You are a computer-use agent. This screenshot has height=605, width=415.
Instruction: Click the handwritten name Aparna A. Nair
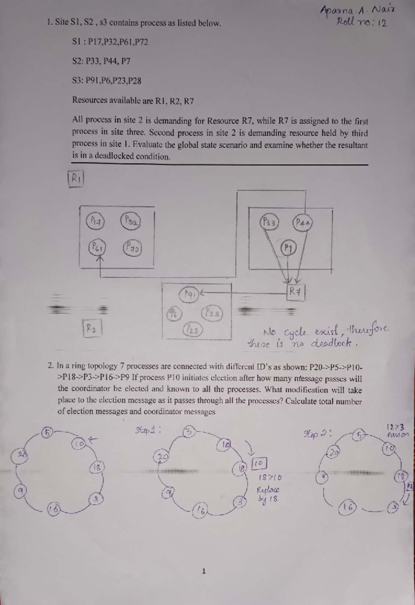[x=358, y=11]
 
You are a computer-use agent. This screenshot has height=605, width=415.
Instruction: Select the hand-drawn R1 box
[x=76, y=179]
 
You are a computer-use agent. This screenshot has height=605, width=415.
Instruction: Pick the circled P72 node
[x=132, y=249]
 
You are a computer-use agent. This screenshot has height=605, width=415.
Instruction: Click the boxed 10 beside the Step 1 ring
[x=260, y=463]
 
